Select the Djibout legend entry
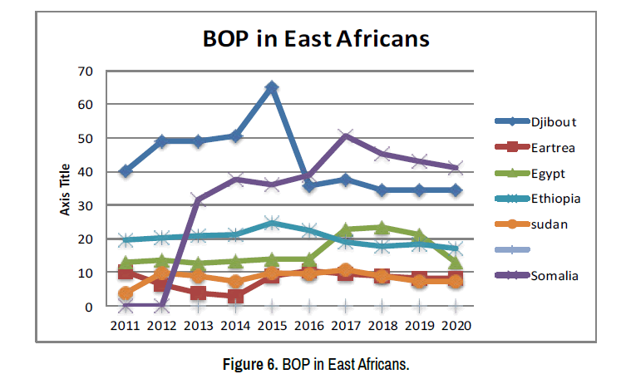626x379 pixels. coord(554,121)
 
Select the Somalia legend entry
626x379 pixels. coord(554,276)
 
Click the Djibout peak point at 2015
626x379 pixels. coord(272,87)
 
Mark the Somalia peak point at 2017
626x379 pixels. coord(345,135)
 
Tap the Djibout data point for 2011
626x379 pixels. coord(126,171)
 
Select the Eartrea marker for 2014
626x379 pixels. coord(235,296)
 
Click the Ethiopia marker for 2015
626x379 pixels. coord(272,224)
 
